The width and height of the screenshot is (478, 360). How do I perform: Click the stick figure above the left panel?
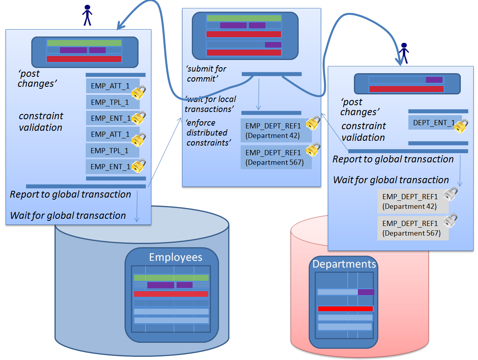coord(87,15)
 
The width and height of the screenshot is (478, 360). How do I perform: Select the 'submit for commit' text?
coord(206,74)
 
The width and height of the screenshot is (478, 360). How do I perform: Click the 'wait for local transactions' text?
coord(211,104)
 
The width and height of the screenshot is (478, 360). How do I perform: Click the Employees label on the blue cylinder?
coord(175,257)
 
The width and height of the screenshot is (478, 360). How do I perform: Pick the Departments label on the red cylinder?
coord(344,264)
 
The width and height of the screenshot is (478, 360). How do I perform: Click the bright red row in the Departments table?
coord(345,308)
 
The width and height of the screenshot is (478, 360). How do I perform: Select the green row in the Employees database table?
coord(171,278)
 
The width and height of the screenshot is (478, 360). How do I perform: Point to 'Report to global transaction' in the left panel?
coord(70,194)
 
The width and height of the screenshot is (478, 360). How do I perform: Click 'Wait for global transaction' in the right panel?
coord(391,180)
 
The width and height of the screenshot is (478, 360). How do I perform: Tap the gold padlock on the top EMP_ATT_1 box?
coord(139,93)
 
